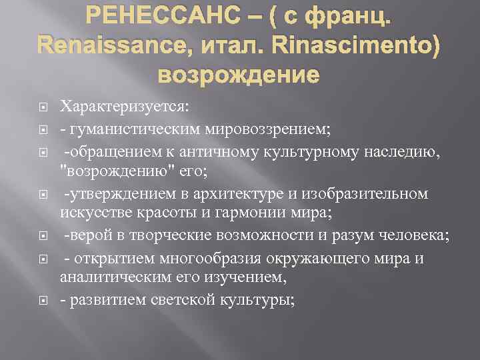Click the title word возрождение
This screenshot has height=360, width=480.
point(239,74)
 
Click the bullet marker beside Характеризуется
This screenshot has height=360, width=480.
point(41,106)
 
